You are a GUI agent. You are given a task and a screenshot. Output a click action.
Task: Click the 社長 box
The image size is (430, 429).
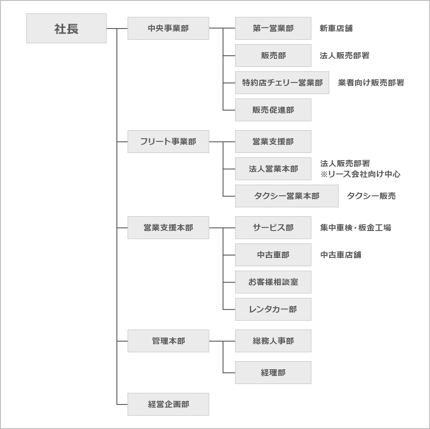(x=66, y=28)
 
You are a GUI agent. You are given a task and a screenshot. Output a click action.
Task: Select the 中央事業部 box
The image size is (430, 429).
(x=168, y=28)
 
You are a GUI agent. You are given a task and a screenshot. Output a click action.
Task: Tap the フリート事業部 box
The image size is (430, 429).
(x=168, y=141)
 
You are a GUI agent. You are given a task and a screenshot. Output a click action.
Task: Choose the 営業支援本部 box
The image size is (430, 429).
(x=168, y=227)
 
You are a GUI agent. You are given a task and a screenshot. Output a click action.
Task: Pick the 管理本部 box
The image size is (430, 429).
(x=168, y=341)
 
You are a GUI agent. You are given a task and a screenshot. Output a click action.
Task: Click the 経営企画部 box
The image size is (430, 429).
(x=168, y=404)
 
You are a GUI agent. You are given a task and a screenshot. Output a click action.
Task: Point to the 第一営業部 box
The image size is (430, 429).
(x=273, y=28)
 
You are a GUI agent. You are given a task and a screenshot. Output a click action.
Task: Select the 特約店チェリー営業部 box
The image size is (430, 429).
(x=282, y=82)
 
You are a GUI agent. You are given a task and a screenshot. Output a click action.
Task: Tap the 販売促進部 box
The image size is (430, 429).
(x=273, y=110)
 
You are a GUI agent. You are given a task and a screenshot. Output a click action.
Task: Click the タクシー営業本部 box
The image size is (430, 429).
(x=286, y=196)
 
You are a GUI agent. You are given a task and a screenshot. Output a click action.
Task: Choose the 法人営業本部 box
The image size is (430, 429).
(x=273, y=169)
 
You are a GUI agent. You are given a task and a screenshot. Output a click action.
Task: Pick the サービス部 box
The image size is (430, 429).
(x=273, y=227)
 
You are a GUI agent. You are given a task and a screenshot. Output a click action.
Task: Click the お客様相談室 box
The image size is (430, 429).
(x=273, y=282)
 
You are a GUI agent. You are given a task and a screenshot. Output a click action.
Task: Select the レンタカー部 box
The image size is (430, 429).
(x=273, y=309)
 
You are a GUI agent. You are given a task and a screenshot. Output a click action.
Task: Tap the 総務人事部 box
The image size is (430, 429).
(x=273, y=341)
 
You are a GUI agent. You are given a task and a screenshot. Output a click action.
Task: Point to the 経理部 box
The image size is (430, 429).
(x=273, y=372)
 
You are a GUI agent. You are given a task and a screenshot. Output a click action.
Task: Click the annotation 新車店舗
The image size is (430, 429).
(x=336, y=28)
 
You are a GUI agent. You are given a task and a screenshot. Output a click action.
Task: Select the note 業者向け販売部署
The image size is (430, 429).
(x=371, y=82)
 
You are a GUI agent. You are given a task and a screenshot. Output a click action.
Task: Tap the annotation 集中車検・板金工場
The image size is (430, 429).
(x=356, y=227)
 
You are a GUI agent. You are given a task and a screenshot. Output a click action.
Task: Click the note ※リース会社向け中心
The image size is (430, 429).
(x=360, y=174)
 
